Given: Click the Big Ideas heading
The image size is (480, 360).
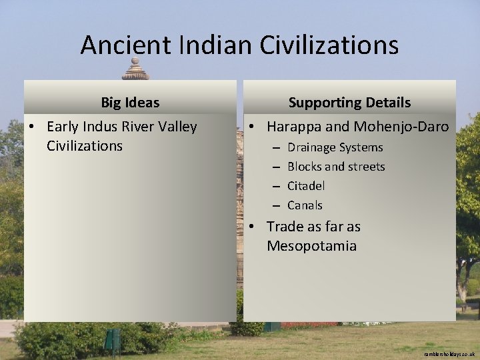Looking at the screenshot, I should pyautogui.click(x=130, y=103).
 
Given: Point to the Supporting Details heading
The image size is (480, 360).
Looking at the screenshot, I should pyautogui.click(x=349, y=103).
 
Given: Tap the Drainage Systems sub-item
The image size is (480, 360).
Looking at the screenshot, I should pyautogui.click(x=335, y=147).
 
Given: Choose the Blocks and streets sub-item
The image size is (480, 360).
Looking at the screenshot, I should pyautogui.click(x=336, y=167).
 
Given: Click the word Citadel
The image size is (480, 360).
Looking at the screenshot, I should pyautogui.click(x=306, y=186).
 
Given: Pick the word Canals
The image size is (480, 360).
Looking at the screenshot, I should pyautogui.click(x=305, y=205).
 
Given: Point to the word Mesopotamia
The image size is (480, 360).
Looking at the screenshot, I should pyautogui.click(x=311, y=246).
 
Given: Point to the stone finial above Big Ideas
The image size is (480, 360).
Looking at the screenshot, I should pyautogui.click(x=135, y=69).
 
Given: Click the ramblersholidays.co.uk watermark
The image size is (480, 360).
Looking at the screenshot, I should pyautogui.click(x=449, y=354).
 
